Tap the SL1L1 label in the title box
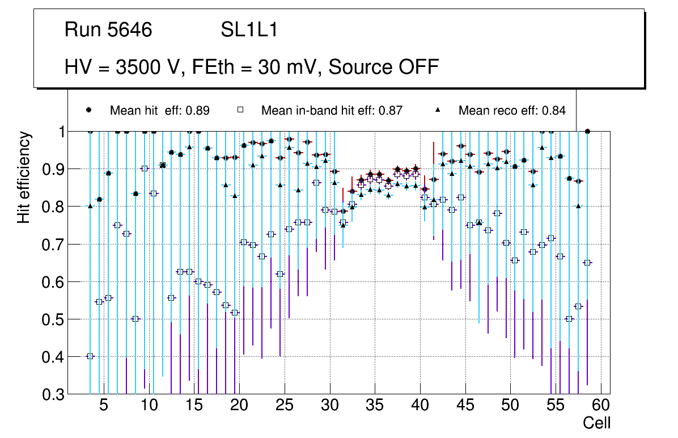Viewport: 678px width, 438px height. (x=249, y=30)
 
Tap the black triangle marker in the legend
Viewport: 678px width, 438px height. (x=437, y=110)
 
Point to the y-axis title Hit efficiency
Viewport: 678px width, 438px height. (x=24, y=177)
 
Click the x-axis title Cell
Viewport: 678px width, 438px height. (x=597, y=423)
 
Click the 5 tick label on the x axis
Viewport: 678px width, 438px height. (x=104, y=406)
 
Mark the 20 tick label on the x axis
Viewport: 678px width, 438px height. (x=239, y=406)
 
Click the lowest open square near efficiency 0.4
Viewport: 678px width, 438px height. (x=90, y=356)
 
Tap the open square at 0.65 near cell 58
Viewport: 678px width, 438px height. (x=587, y=263)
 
